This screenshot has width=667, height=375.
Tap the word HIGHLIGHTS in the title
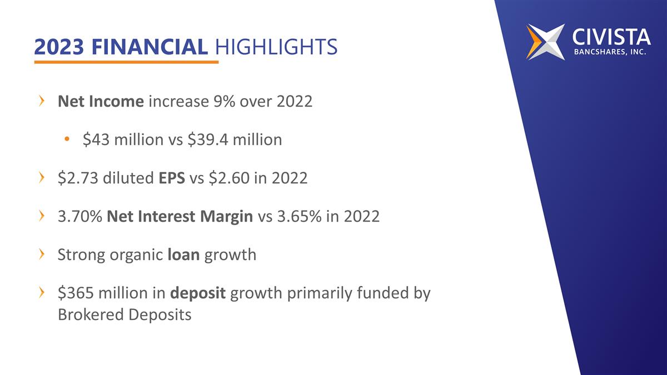pos(276,47)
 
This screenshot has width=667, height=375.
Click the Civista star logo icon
pos(545,42)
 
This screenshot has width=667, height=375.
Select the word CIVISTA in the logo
pos(611,37)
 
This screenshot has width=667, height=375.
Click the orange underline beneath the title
pos(126,62)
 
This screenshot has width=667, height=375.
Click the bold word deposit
pos(198,293)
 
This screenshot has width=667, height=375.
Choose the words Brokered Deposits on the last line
pos(125,314)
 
